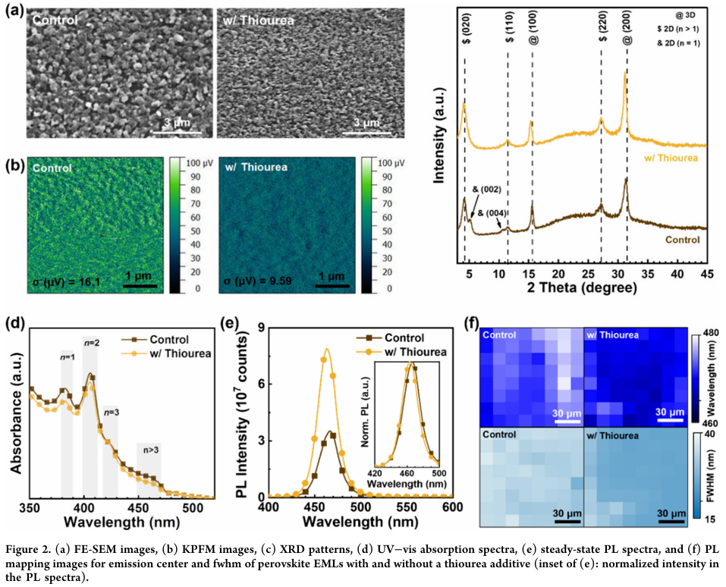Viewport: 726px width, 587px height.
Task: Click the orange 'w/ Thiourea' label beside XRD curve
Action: tap(671, 159)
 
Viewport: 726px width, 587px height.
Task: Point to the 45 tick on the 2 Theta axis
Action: tap(706, 273)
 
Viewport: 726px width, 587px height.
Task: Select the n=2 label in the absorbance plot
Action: tap(92, 343)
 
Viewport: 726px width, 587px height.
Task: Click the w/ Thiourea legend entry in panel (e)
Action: tap(410, 352)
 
